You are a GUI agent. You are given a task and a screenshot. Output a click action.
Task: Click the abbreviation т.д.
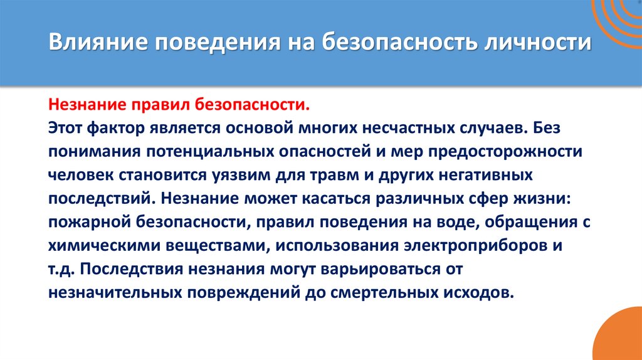[x=61, y=270]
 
